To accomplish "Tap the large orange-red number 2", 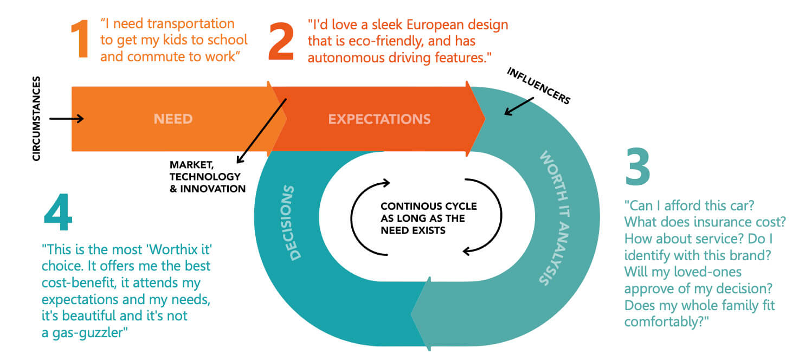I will point(281,41).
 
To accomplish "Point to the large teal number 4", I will point(58,212).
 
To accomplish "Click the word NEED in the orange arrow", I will point(173,119).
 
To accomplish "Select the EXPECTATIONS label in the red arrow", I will point(379,119).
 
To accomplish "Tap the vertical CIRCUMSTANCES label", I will point(36,119).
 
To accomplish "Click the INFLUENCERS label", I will point(538,86).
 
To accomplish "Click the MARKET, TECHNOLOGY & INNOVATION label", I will point(207,176).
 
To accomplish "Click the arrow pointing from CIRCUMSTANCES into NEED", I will point(66,118).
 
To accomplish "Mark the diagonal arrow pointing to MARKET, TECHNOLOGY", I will point(261,130).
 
